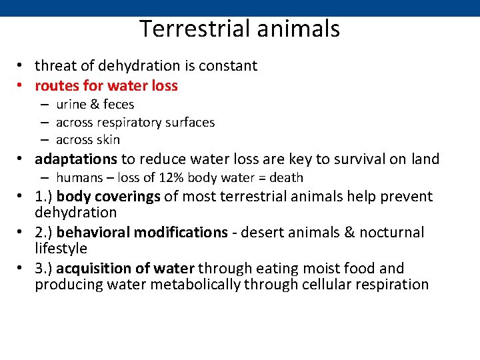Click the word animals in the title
pos(305,29)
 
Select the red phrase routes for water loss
pos(106,85)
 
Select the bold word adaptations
pos(76,159)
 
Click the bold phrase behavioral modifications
pos(142,233)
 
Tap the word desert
pos(261,233)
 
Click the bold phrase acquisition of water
pos(125,269)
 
